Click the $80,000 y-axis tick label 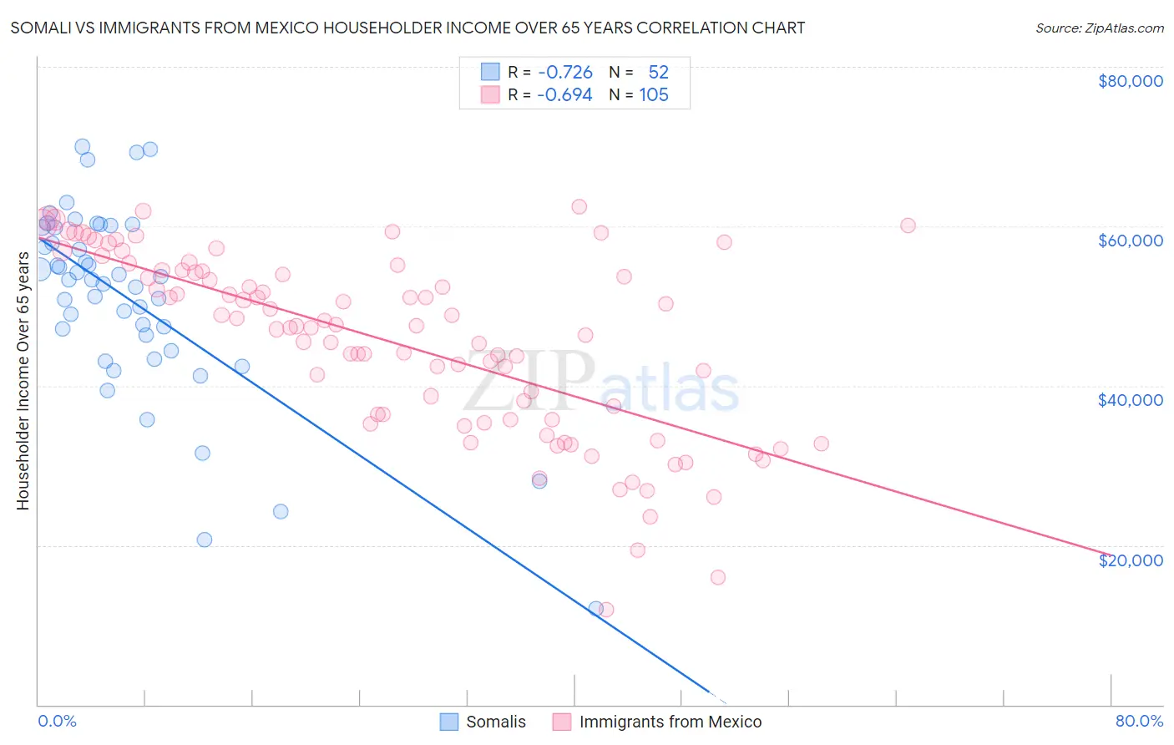(x=1130, y=81)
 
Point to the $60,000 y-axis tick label (x=1130, y=241)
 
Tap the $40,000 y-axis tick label (x=1130, y=400)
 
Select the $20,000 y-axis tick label (x=1130, y=560)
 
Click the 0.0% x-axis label (x=57, y=721)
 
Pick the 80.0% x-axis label (x=1139, y=721)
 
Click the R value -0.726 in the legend (x=564, y=73)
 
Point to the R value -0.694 (x=564, y=95)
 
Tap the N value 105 (x=654, y=95)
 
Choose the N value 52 (x=658, y=73)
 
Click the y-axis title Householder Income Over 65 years (x=23, y=381)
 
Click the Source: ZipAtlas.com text (x=1099, y=28)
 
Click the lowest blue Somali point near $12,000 (x=596, y=609)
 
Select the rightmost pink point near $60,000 (x=908, y=226)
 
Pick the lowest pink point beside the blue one (x=607, y=610)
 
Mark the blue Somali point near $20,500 (x=205, y=540)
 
